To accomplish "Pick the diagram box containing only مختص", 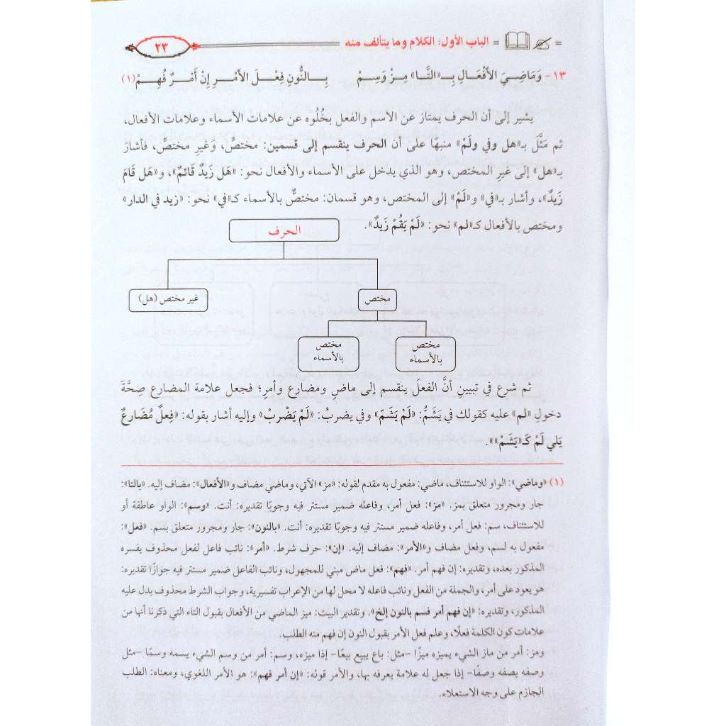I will point(378,299).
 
